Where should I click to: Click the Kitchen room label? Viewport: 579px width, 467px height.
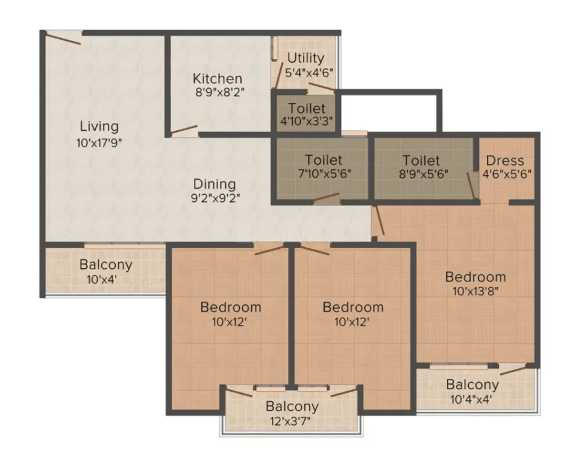pyautogui.click(x=218, y=78)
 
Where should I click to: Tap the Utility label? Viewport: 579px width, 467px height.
pyautogui.click(x=305, y=58)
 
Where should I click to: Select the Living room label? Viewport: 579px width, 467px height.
pyautogui.click(x=99, y=127)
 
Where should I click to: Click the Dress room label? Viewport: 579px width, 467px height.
pyautogui.click(x=505, y=161)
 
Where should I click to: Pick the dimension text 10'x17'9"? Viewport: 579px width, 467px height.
pyautogui.click(x=99, y=142)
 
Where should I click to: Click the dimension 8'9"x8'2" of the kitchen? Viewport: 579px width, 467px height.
pyautogui.click(x=221, y=92)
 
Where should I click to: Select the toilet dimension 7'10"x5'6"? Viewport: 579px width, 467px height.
pyautogui.click(x=324, y=174)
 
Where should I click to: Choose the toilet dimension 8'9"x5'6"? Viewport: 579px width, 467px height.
pyautogui.click(x=423, y=174)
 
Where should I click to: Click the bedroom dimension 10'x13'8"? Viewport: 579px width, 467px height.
pyautogui.click(x=475, y=291)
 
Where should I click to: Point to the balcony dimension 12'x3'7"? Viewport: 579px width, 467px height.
pyautogui.click(x=292, y=421)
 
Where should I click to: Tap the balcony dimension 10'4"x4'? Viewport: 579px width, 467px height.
pyautogui.click(x=471, y=399)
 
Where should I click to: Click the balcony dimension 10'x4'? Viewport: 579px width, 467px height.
pyautogui.click(x=102, y=279)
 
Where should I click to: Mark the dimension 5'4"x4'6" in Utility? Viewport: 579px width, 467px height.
pyautogui.click(x=310, y=72)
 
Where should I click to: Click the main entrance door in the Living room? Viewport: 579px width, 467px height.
pyautogui.click(x=63, y=38)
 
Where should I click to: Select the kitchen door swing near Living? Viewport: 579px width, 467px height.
pyautogui.click(x=184, y=130)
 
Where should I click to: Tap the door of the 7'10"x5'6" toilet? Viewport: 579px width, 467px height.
pyautogui.click(x=326, y=198)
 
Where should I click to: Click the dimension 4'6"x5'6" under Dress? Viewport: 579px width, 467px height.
pyautogui.click(x=507, y=174)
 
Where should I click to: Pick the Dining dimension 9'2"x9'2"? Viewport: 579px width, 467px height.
pyautogui.click(x=216, y=198)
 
